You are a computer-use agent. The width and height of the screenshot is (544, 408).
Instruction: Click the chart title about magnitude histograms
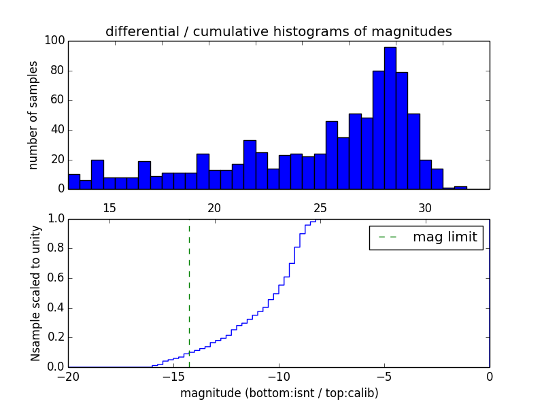coord(279,31)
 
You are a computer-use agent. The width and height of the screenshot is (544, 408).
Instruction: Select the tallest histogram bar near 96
coord(390,118)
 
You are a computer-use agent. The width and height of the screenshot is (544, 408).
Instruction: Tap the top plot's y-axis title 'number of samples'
coord(33,115)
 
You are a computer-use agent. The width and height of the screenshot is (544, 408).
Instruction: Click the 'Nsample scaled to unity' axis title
coord(35,293)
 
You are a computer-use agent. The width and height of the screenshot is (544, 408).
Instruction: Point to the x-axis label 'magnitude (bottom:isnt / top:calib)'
coord(279,393)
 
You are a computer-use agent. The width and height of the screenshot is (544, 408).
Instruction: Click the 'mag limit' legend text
coord(445,237)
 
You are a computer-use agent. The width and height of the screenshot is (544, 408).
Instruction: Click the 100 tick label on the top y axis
coord(55,41)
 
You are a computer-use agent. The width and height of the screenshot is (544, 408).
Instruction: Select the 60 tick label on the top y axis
coord(58,100)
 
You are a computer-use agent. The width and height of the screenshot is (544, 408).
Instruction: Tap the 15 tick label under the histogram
coord(109,208)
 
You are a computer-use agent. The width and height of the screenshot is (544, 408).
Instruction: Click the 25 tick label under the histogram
coord(320,208)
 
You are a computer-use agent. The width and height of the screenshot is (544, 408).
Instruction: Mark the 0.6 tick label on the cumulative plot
coord(56,278)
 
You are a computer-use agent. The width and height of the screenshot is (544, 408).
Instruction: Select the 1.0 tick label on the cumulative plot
coord(56,219)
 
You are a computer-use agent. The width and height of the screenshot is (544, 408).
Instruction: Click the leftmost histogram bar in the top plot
coord(74,182)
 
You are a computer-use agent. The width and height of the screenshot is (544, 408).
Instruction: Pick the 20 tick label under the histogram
coord(215,208)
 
